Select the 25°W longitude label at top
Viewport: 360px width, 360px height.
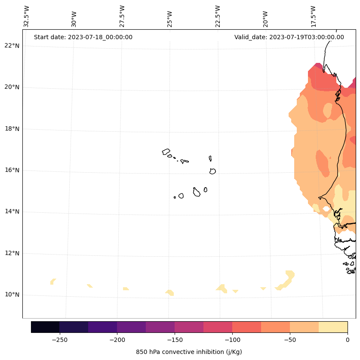click(x=169, y=16)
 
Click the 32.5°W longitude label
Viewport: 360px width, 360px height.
click(x=27, y=16)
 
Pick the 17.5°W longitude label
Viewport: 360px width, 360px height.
click(x=313, y=16)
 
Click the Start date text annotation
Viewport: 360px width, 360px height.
click(x=83, y=37)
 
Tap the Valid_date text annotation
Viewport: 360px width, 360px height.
click(x=289, y=37)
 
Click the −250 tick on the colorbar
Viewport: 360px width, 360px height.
click(x=59, y=339)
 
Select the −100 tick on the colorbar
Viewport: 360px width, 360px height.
click(x=232, y=339)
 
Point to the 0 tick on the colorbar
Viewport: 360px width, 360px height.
click(x=348, y=339)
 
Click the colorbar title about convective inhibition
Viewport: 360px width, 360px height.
click(x=189, y=352)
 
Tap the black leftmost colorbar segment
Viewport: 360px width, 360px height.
click(x=45, y=327)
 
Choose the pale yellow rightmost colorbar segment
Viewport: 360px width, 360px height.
click(x=333, y=327)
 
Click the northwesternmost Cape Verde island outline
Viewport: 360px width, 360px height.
click(x=166, y=152)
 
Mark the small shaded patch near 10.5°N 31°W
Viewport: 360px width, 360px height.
click(x=52, y=282)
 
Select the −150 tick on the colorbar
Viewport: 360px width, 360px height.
click(x=175, y=339)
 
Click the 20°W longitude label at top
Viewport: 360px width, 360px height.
click(x=265, y=16)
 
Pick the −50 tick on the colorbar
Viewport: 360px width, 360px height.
click(x=290, y=339)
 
